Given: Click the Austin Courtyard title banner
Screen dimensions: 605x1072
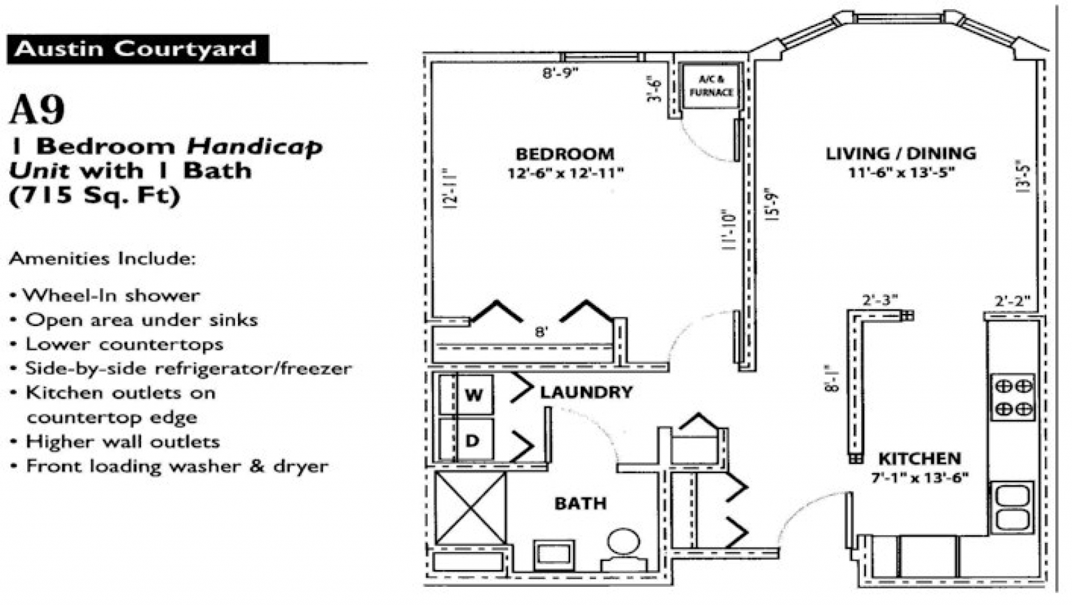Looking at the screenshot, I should (x=137, y=50).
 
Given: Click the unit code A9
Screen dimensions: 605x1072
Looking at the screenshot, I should (x=37, y=109).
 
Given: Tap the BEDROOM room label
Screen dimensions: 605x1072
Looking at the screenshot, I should (x=565, y=154).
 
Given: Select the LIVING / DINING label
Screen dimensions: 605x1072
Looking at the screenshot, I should (x=900, y=154).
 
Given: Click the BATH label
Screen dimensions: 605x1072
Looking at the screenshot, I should (x=580, y=503).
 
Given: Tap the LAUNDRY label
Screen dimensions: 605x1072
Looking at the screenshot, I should (x=586, y=392).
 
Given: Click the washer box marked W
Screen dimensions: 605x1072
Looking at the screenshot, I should (x=473, y=395).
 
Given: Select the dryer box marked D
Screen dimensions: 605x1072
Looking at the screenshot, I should (x=472, y=440).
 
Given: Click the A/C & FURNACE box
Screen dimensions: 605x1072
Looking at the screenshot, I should (x=710, y=87).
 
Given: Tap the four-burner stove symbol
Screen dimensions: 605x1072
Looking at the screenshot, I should (x=1013, y=397).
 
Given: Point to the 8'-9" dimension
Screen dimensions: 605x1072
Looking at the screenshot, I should (x=560, y=73).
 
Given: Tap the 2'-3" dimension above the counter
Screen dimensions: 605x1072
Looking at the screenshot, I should (x=879, y=300).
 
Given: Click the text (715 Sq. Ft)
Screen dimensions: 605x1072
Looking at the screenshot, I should (x=94, y=196).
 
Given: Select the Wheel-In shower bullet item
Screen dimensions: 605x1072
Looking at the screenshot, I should (x=111, y=295).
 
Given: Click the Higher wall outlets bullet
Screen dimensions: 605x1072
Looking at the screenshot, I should (x=122, y=442).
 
